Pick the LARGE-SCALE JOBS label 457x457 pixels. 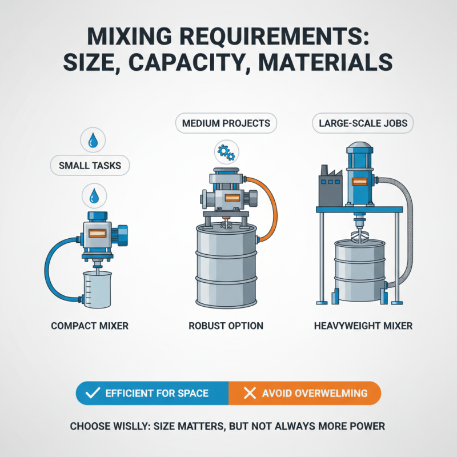pos(362,123)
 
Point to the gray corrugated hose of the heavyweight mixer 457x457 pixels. pos(407,228)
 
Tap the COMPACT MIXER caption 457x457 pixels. pos(90,326)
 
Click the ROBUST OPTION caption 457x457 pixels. pos(226,326)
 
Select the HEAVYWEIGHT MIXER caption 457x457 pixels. pos(363,326)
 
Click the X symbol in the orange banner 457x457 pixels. pos(249,394)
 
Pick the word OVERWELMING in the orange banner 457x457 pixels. pos(331,394)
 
